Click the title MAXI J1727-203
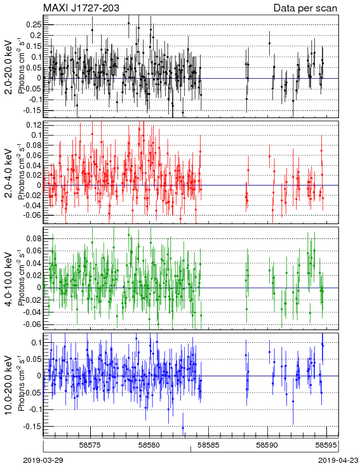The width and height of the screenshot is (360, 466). click(81, 8)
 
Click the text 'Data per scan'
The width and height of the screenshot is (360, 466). click(305, 8)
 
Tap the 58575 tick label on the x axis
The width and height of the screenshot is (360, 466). click(91, 445)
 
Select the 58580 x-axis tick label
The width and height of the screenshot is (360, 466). click(150, 445)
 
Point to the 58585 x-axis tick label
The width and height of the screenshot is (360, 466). click(209, 445)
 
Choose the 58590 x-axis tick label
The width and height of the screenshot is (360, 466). click(267, 445)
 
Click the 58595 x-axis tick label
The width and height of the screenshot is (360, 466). click(326, 445)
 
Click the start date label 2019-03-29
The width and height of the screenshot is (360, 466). click(43, 460)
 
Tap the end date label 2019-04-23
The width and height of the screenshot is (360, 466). click(338, 460)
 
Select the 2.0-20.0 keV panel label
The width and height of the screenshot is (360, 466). click(10, 67)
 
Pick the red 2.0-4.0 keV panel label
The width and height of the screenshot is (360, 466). click(10, 173)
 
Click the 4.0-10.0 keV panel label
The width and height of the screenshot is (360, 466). click(10, 279)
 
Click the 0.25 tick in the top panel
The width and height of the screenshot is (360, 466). click(34, 25)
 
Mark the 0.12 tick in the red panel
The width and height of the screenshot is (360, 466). click(34, 125)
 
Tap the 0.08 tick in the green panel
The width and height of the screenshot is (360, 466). click(34, 239)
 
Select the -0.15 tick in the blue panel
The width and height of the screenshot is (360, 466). click(33, 426)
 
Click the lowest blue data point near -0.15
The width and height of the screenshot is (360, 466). click(183, 428)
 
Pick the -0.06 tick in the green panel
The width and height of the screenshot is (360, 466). click(33, 324)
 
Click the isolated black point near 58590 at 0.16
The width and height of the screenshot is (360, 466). click(270, 43)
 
